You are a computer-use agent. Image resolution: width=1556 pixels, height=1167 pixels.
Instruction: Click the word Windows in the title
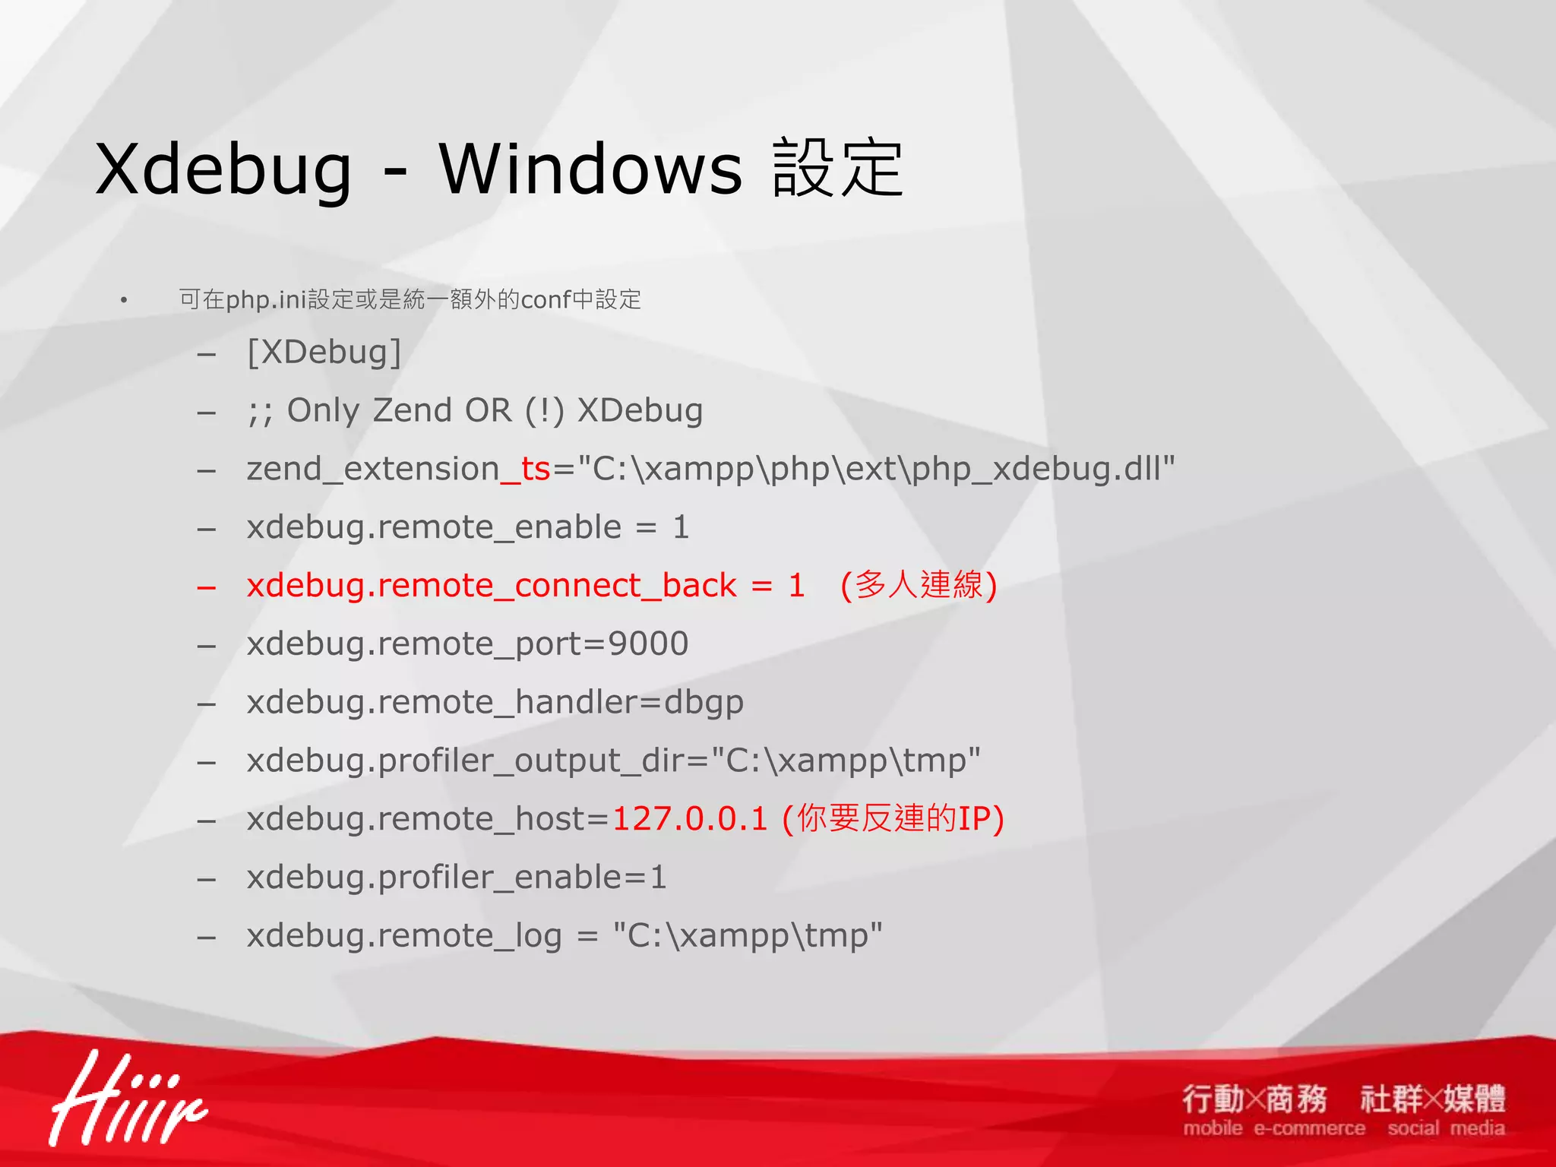pos(590,169)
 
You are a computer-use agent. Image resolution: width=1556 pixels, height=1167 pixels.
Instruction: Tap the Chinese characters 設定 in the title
pos(837,169)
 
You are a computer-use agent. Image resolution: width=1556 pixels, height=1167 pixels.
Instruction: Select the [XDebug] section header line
pos(324,353)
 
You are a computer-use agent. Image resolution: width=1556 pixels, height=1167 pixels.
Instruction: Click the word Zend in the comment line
pos(412,411)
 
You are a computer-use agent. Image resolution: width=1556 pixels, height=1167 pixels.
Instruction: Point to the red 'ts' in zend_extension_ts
pos(536,469)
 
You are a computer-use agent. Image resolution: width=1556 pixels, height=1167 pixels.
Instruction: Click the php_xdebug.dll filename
pos(1042,469)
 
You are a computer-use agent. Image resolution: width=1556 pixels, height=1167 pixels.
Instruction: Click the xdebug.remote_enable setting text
pos(434,527)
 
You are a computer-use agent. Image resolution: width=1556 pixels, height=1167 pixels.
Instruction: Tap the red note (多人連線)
pos(918,586)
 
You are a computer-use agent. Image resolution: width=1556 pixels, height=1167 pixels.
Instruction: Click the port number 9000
pos(648,644)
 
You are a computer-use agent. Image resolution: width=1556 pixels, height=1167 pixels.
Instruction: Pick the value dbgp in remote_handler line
pos(704,703)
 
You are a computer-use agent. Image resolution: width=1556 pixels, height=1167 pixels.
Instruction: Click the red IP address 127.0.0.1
pos(690,819)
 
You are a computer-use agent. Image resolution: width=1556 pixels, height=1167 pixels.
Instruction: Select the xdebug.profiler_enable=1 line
pos(457,878)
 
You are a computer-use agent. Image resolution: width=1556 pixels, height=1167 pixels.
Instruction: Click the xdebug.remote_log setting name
pos(404,936)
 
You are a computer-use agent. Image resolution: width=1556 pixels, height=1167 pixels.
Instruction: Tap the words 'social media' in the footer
pos(1445,1128)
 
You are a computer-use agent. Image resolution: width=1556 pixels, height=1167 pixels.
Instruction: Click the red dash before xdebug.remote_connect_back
pos(207,587)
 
